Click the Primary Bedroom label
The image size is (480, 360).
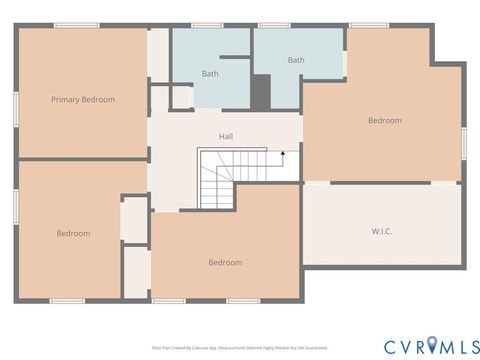tap(83, 99)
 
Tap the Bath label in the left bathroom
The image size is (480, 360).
tap(210, 74)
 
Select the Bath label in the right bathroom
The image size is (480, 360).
tap(296, 60)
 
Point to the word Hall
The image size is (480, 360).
tap(226, 136)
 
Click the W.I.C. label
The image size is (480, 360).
tap(381, 231)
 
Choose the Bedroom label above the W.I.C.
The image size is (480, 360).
tap(384, 121)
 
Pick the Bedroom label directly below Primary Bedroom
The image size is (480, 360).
tap(73, 233)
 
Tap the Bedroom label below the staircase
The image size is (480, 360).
tap(225, 263)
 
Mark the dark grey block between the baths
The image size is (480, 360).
tap(261, 92)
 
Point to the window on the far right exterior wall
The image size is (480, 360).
tap(465, 141)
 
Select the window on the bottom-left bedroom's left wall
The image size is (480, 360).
tap(15, 204)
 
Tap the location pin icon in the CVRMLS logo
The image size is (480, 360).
tap(432, 345)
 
